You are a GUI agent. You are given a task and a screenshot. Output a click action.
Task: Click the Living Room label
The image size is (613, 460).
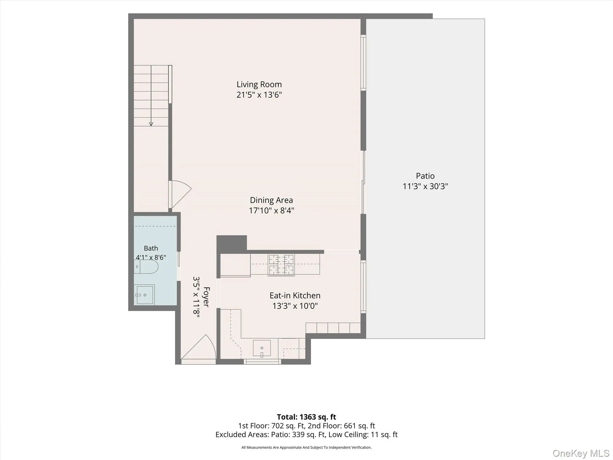(259, 84)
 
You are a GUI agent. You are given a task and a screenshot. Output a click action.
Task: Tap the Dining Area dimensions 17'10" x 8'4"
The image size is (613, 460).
(271, 211)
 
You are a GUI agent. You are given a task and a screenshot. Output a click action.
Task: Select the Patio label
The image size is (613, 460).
(425, 176)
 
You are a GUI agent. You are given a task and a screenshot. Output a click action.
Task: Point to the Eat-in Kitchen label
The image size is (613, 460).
(295, 296)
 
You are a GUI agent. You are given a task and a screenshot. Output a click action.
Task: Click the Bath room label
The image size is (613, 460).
(151, 248)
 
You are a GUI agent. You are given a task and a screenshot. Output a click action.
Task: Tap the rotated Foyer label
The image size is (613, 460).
(206, 297)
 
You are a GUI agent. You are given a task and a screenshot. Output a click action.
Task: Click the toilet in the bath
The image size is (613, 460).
(146, 267)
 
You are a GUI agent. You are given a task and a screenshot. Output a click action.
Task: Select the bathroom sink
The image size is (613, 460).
(144, 295)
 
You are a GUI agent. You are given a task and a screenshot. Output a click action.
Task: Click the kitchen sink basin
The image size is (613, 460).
(262, 348)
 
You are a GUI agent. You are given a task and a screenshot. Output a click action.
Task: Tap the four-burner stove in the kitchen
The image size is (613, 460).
(281, 265)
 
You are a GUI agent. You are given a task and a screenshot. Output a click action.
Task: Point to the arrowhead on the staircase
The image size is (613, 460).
(151, 124)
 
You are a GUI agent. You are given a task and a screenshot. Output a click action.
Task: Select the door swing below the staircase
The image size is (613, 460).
(180, 194)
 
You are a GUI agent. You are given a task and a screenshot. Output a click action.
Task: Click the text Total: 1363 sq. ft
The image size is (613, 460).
(306, 417)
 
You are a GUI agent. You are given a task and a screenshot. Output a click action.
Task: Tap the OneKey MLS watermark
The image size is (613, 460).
(581, 453)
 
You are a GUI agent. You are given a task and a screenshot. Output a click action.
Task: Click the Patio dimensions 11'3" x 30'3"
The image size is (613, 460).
(425, 186)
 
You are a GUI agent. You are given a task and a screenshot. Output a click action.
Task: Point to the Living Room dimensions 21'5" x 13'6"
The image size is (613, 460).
(259, 95)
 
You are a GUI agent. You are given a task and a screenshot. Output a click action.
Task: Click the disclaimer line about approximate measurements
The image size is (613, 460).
(306, 447)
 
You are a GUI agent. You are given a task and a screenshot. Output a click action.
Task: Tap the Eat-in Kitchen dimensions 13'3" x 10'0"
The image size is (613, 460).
(295, 306)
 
